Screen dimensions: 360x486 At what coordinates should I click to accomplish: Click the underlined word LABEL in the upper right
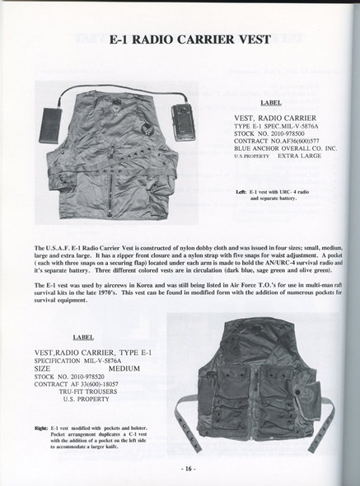click(271, 105)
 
